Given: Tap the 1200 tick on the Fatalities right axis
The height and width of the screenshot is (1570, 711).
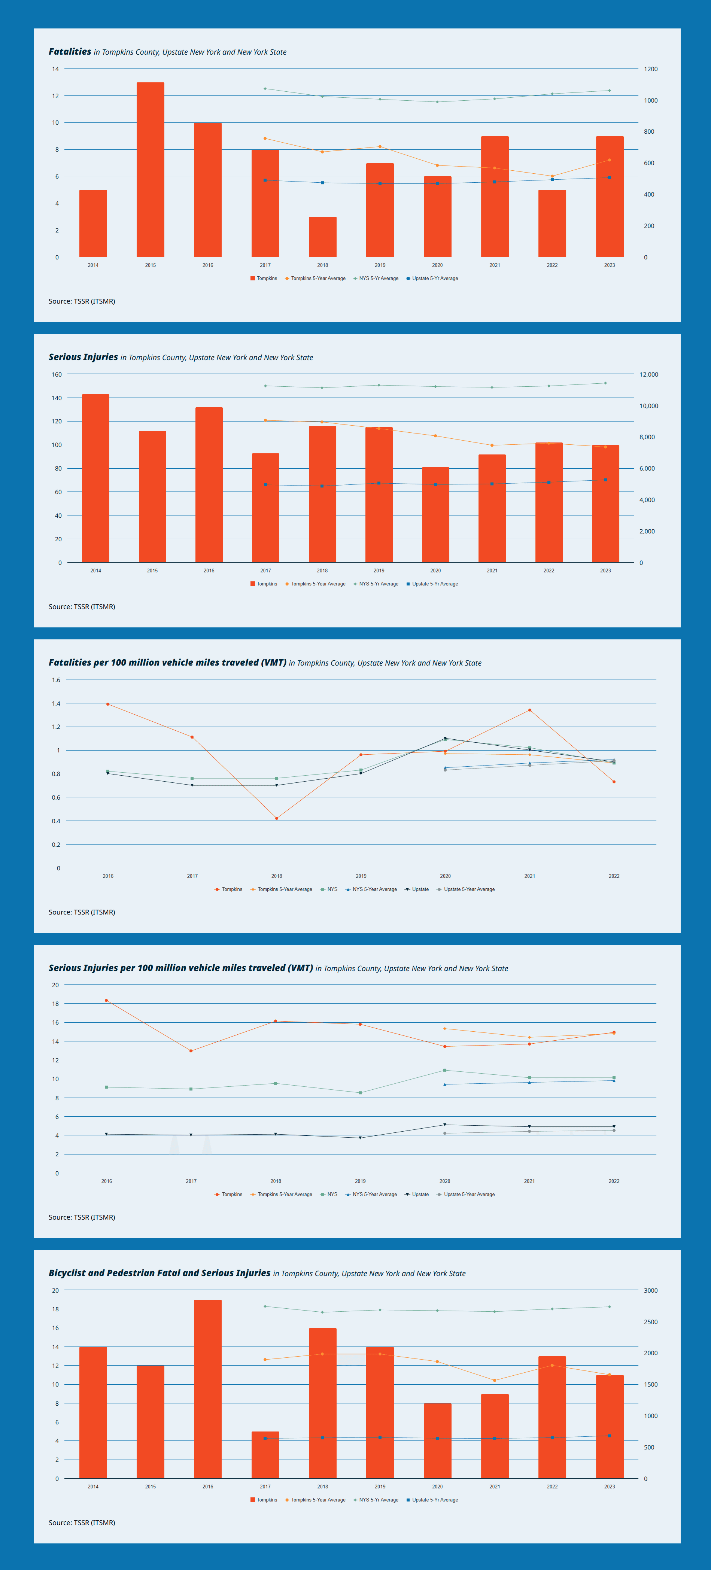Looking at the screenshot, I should pos(651,69).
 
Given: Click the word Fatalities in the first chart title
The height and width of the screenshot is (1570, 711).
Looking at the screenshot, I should pos(70,52).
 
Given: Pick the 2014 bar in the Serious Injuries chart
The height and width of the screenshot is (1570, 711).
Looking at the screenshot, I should pos(96,478).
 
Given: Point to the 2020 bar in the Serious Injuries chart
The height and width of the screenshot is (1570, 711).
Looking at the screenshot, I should pos(435,515).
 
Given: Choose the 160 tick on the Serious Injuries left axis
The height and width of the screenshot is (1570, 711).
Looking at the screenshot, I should pos(57,374).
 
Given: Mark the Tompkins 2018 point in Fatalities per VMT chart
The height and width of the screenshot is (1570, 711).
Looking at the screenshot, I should pos(276,818).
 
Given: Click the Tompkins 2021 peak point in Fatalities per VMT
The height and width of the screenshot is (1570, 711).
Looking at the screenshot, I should pos(529,710).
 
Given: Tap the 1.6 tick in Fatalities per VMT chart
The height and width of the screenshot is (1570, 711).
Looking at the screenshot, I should pos(56,679).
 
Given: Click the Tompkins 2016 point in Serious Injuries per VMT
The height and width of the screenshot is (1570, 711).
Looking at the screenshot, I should pos(106,1000).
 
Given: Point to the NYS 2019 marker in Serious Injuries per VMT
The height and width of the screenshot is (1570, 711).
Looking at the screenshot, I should pos(360,1093).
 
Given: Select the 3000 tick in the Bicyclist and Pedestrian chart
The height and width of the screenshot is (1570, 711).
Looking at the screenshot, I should pos(651,1290).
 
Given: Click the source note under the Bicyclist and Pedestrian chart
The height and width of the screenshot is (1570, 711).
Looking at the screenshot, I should pos(82,1522).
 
